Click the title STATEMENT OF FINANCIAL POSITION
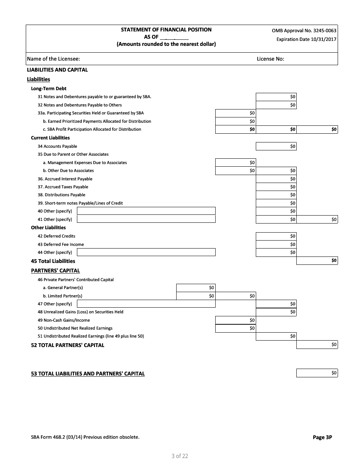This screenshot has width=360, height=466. tap(166, 30)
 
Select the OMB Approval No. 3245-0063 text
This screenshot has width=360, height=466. tap(304, 31)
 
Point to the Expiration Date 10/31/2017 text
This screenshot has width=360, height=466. tap(306, 39)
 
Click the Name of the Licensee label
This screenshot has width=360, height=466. tap(53, 59)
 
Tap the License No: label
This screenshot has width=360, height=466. tap(270, 59)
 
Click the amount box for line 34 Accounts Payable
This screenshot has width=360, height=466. tap(276, 146)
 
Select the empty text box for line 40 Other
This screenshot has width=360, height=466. tap(146, 211)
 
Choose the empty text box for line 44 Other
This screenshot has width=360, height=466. tap(146, 252)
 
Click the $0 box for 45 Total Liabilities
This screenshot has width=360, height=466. tap(317, 261)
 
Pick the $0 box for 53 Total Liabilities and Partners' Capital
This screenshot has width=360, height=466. tap(317, 373)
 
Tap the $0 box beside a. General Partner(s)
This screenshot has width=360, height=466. tap(196, 288)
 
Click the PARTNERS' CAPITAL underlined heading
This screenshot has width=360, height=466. tap(55, 271)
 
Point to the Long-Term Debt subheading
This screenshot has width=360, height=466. tap(49, 88)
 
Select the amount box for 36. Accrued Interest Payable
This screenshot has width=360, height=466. tap(276, 179)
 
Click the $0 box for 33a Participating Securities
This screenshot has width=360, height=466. tap(236, 113)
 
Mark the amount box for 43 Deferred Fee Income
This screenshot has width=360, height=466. tap(276, 244)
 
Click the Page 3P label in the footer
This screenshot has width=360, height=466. tap(322, 437)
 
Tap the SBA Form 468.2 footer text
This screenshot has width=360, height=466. tap(85, 437)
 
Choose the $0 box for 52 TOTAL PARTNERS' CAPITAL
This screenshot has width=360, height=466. tap(317, 345)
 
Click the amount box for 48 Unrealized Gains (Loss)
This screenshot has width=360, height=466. tap(276, 312)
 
